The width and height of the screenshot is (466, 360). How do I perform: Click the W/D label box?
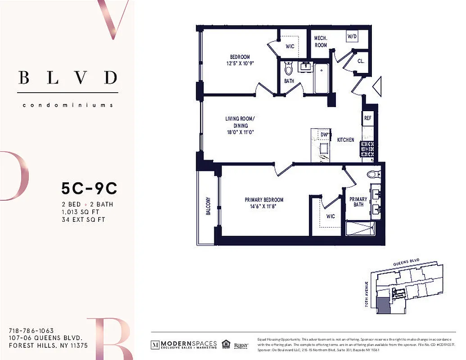point(352,36)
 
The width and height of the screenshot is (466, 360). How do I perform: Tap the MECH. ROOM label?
point(321,42)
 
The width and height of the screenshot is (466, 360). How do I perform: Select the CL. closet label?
point(361,61)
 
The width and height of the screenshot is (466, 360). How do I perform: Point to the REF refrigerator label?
point(367,118)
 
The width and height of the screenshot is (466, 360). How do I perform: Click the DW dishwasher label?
point(324,134)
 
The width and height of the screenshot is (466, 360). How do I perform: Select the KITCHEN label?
point(346,140)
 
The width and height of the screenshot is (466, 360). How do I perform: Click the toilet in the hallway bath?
point(289,69)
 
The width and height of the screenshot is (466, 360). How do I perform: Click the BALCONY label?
point(208,206)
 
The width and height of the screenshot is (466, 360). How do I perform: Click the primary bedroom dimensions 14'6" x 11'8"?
point(264,207)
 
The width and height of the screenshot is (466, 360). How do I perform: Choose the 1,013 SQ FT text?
point(80,212)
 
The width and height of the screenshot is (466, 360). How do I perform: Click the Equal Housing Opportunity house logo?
point(226,345)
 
